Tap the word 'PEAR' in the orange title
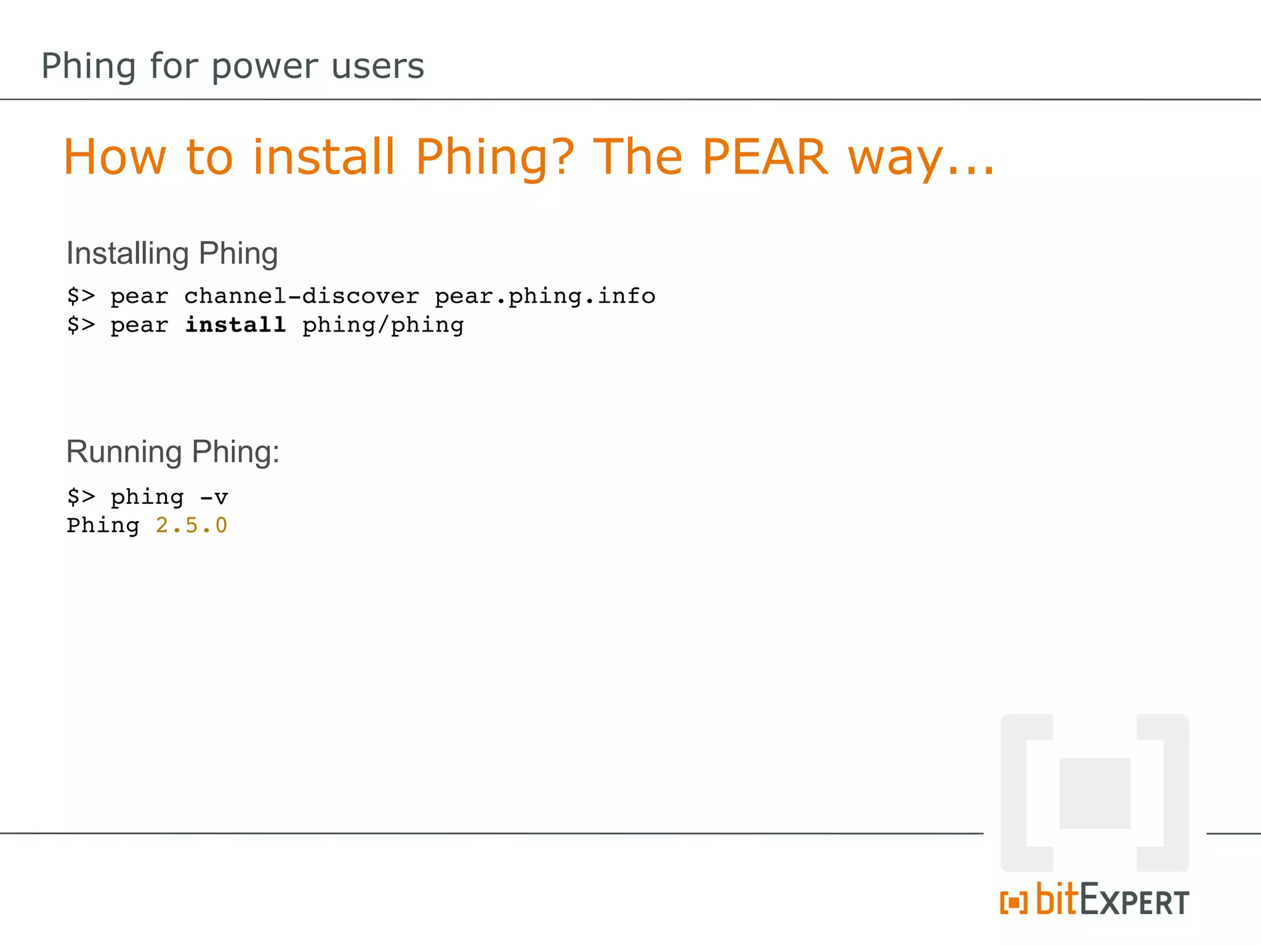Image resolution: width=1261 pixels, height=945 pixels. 765,157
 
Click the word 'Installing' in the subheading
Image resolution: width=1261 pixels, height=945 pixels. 127,253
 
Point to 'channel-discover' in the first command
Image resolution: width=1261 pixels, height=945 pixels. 302,297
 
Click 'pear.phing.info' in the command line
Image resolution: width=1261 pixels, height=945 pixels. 545,297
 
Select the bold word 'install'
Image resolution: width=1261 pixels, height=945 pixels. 235,325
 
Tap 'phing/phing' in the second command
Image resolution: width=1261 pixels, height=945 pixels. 383,325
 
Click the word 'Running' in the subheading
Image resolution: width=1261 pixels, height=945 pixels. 124,452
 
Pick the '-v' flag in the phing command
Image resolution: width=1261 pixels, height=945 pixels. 214,497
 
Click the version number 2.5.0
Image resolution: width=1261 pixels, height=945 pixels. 191,525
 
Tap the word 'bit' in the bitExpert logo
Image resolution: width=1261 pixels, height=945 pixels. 1057,899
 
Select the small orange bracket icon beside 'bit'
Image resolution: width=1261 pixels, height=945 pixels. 1013,903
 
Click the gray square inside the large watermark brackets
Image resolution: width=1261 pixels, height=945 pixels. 1095,793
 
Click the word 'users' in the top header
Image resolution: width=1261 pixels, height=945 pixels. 377,66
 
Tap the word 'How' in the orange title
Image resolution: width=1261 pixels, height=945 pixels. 115,157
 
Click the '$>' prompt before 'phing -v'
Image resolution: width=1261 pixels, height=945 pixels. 81,497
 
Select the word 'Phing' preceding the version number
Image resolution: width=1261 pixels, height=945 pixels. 103,525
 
